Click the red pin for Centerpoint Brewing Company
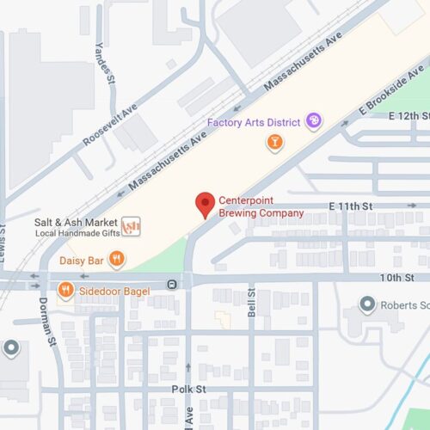[205, 205]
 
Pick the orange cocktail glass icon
[274, 141]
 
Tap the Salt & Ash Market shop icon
[131, 226]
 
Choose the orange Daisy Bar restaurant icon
[117, 258]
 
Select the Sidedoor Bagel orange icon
[65, 291]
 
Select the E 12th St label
[408, 115]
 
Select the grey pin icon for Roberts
[368, 304]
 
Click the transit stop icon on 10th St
[173, 283]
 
